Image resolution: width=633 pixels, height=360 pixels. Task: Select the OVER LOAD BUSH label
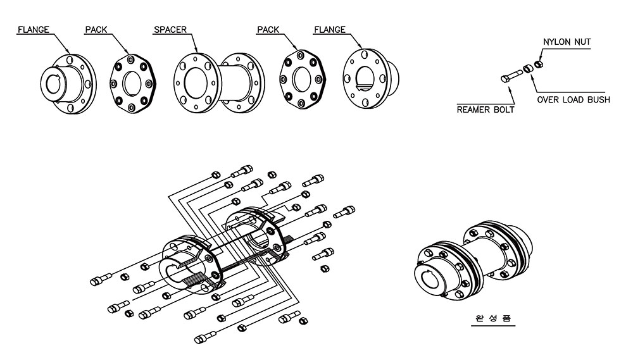coord(573,100)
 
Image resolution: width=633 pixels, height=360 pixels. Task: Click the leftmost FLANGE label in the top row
coord(34,30)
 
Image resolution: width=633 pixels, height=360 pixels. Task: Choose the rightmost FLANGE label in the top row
coord(330,30)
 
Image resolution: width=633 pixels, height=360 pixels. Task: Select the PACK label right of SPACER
coord(270,30)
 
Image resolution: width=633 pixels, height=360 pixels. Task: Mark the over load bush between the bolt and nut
coord(527,69)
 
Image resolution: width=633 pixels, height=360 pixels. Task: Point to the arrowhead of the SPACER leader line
coord(199,52)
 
